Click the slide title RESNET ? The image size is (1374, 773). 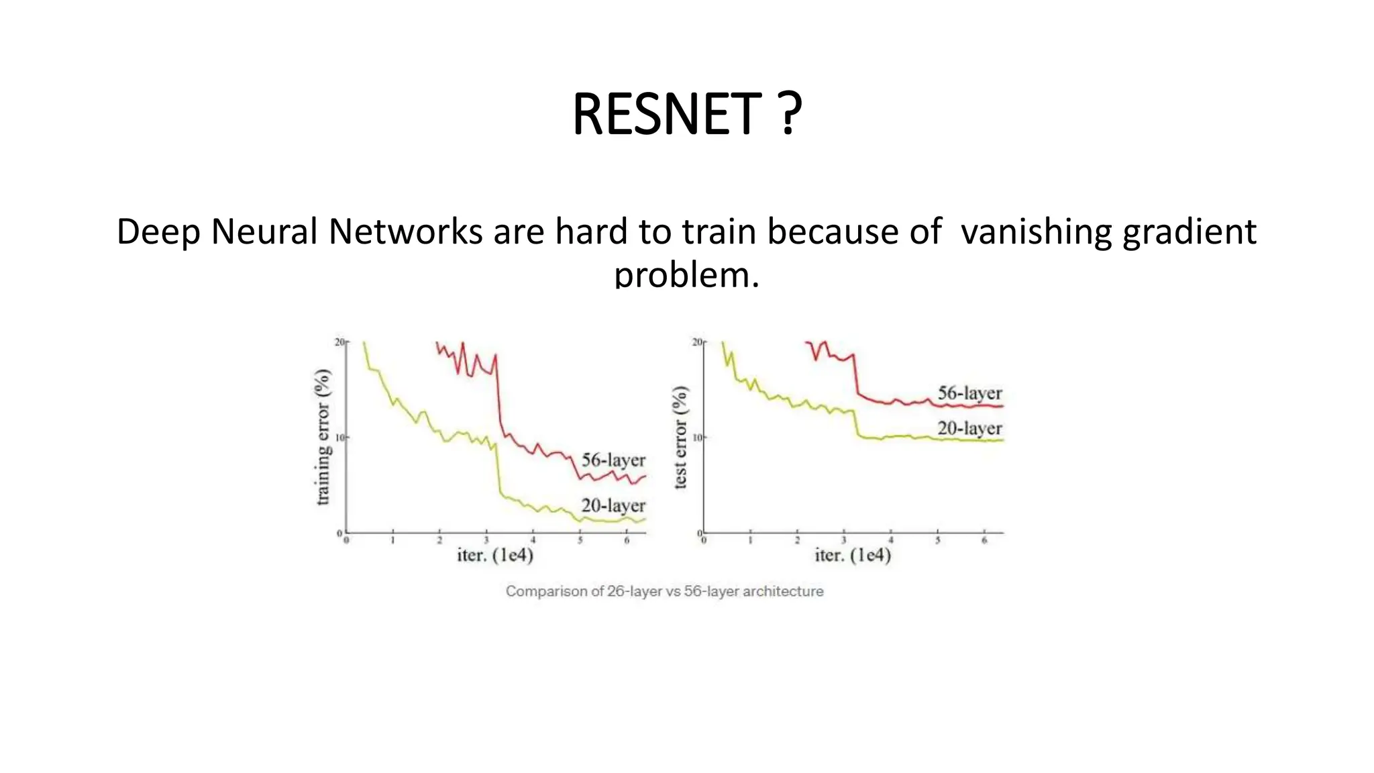point(687,114)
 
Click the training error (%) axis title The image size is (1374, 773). point(323,437)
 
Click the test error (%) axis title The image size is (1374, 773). point(680,437)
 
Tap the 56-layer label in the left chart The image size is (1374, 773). point(613,460)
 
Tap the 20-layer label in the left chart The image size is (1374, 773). point(613,505)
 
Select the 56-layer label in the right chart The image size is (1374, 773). point(969,393)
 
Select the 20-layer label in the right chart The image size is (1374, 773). point(969,428)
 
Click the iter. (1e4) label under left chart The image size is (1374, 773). point(495,556)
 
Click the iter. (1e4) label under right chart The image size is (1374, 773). point(853,556)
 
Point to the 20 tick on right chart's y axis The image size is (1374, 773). point(697,342)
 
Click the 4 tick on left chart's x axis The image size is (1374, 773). point(533,540)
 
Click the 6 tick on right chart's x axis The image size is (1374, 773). point(984,540)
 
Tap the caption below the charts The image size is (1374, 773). point(664,591)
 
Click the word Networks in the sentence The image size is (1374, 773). point(405,232)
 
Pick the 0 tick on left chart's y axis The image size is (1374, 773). point(340,533)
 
